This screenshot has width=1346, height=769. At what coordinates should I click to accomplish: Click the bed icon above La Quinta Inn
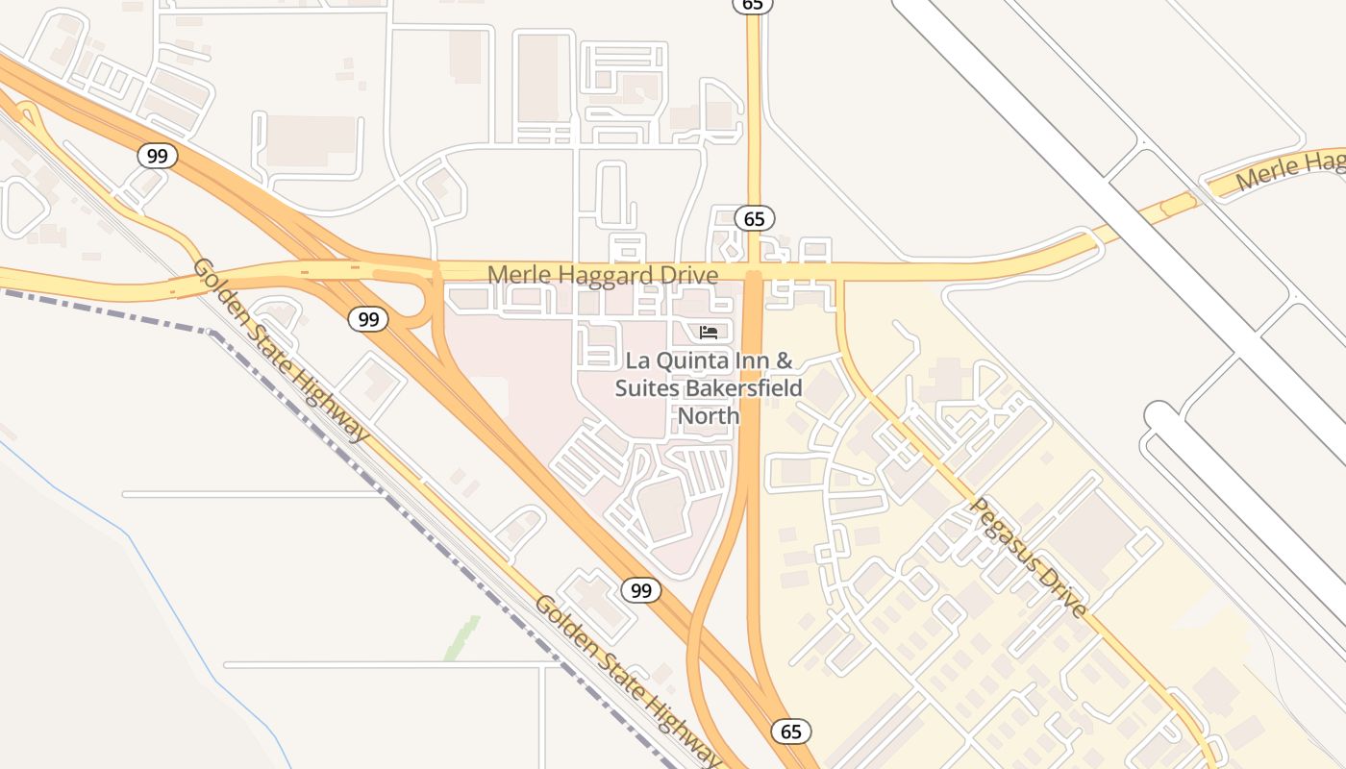click(x=710, y=333)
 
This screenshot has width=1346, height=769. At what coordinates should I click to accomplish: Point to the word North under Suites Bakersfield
click(x=709, y=415)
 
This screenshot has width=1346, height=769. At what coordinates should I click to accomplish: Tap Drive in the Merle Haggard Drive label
click(x=688, y=276)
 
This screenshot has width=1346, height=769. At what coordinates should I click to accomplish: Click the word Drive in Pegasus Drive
click(x=1067, y=596)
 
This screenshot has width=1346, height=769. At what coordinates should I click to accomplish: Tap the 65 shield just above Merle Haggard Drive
click(x=755, y=218)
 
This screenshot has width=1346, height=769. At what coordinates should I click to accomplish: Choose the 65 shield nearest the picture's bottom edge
click(x=790, y=732)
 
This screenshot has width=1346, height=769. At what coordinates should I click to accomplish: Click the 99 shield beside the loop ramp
click(x=368, y=319)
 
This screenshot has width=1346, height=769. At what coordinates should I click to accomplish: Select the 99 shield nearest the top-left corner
click(x=157, y=155)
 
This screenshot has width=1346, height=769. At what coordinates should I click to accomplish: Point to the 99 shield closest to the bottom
click(x=640, y=590)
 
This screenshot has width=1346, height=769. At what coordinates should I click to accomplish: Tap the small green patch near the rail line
click(x=462, y=638)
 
